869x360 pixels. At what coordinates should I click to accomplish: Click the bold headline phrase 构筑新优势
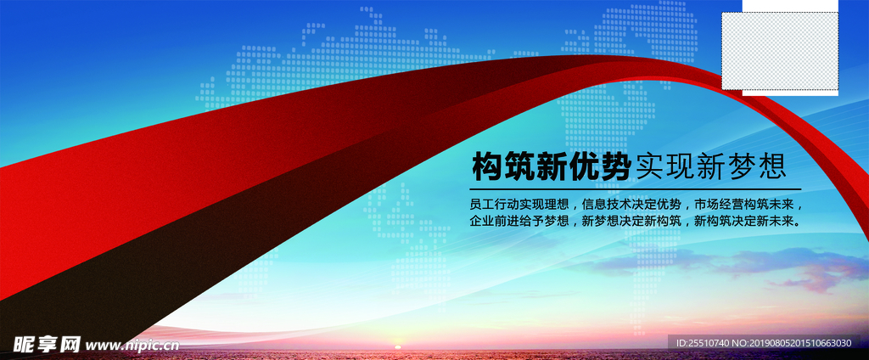(x=551, y=166)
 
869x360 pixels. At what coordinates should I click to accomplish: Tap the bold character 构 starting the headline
(x=487, y=166)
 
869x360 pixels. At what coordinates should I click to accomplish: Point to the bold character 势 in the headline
(x=614, y=166)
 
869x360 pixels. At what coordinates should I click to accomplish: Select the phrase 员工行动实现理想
(x=519, y=205)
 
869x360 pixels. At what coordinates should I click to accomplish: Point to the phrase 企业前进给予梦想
(x=519, y=222)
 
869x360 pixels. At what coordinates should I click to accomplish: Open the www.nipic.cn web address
(x=132, y=345)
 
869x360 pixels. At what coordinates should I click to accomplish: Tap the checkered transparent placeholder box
(x=779, y=51)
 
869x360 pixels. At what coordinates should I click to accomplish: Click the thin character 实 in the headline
(x=648, y=166)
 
